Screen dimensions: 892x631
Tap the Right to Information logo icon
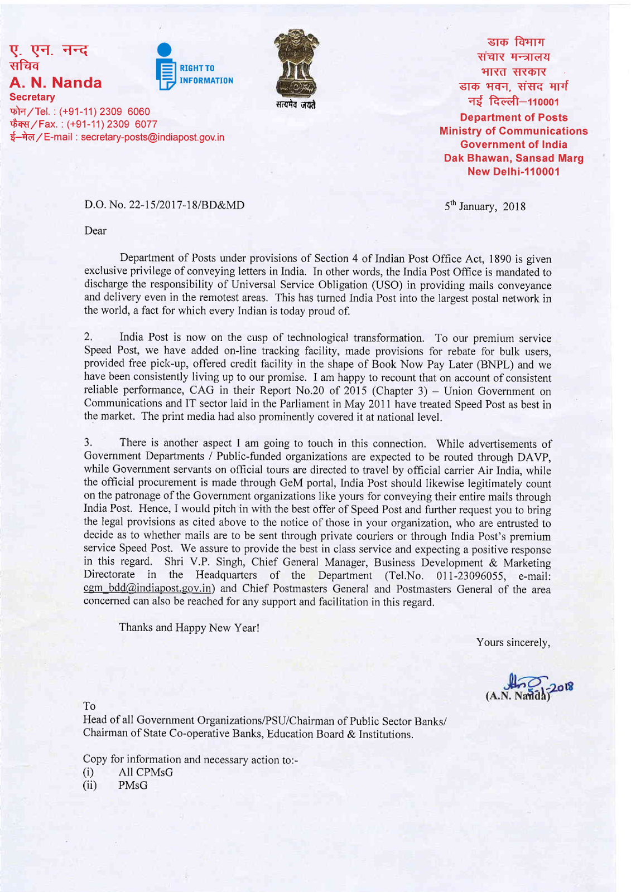click(166, 67)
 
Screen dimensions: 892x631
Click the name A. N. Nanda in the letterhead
click(56, 83)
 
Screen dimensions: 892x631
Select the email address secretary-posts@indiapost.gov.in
click(152, 137)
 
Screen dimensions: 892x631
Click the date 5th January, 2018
click(484, 206)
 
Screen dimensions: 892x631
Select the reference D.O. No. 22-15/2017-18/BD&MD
click(164, 205)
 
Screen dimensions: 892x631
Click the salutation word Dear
click(95, 231)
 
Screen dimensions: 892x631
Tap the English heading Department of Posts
click(513, 118)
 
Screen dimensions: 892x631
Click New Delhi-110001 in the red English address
click(513, 172)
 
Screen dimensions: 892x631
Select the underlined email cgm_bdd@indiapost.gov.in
click(148, 589)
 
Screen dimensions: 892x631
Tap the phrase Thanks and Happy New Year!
click(189, 628)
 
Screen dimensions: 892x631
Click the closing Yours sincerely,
click(513, 642)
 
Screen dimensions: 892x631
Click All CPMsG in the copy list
click(146, 772)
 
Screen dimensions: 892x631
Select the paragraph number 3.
click(88, 443)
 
